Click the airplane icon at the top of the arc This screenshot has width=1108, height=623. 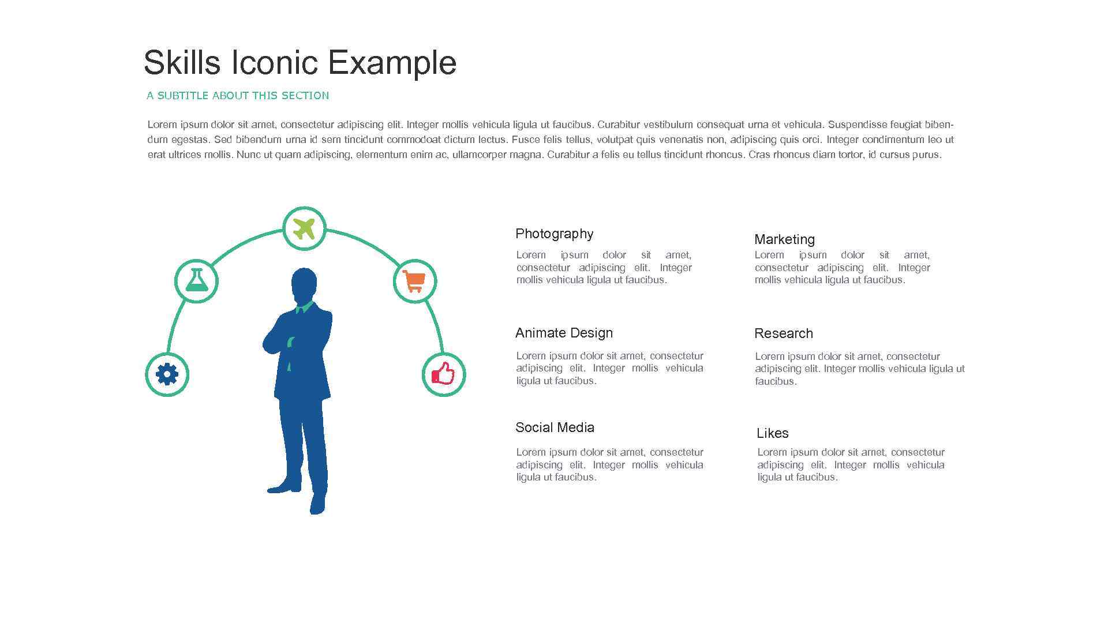click(x=304, y=228)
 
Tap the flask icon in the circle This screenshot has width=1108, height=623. click(x=196, y=280)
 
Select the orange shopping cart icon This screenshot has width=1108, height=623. click(x=414, y=281)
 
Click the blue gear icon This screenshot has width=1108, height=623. click(x=167, y=374)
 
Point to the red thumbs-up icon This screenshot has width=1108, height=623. click(x=443, y=374)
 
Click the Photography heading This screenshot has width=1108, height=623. click(x=554, y=234)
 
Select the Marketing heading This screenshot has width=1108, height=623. click(x=784, y=239)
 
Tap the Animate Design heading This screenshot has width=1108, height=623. click(x=564, y=333)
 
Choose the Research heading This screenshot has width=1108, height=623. click(x=783, y=333)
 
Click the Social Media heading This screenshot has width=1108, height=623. click(x=555, y=427)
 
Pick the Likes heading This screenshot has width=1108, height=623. click(x=772, y=433)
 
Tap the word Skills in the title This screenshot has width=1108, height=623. click(x=182, y=62)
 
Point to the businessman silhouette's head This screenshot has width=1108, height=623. click(x=304, y=284)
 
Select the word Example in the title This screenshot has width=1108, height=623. click(x=392, y=62)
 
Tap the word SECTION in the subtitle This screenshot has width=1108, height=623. click(x=305, y=96)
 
